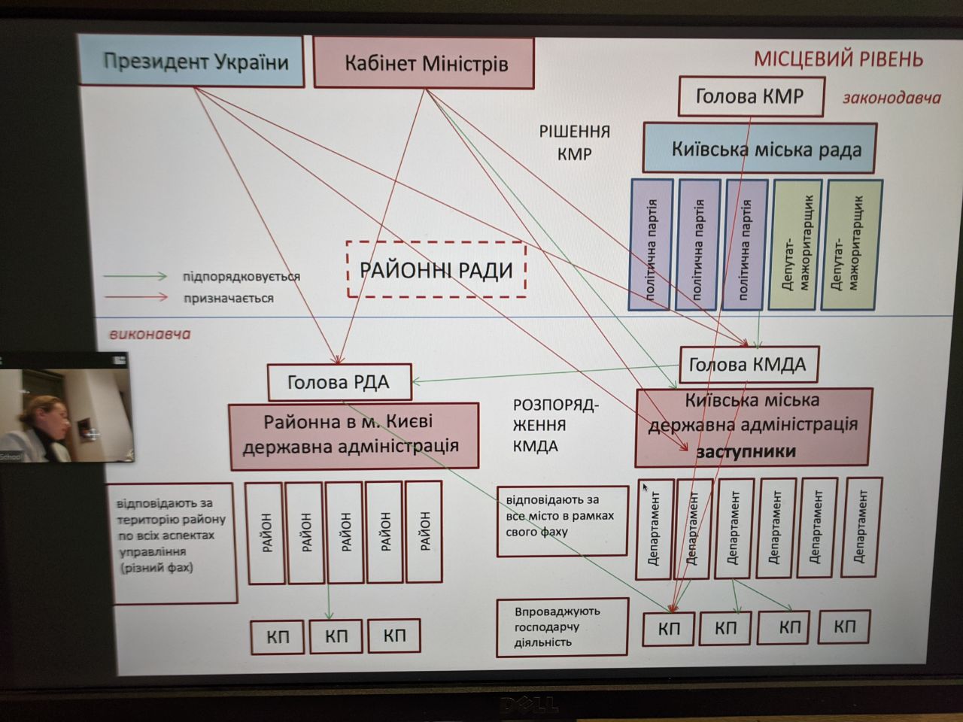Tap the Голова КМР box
(750, 96)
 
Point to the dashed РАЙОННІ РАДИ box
(436, 269)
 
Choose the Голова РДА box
(339, 382)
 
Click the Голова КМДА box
(748, 365)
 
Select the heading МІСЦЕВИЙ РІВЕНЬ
(839, 59)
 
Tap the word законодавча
(892, 98)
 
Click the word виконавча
(150, 334)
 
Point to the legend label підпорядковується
(241, 277)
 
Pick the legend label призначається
(228, 299)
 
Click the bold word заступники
(746, 452)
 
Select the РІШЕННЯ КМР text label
(574, 143)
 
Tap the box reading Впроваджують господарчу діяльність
(561, 626)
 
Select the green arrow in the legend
(135, 277)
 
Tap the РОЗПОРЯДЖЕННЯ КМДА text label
(554, 426)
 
